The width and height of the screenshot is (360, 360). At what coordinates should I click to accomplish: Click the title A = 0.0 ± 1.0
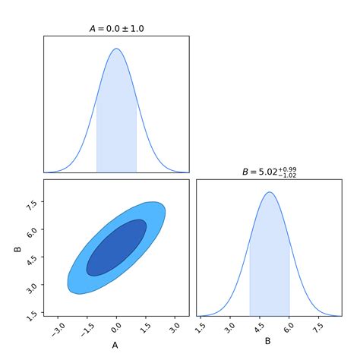pos(116,29)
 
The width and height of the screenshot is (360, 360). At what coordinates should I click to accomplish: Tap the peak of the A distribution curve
pos(116,49)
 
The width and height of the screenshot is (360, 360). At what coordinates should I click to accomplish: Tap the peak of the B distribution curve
pos(268,192)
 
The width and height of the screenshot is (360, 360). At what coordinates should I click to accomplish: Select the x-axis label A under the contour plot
pos(115,346)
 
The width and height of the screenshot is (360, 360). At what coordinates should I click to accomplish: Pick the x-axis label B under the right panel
pos(267,341)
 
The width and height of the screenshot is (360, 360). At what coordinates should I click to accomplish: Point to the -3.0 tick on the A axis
pos(56,328)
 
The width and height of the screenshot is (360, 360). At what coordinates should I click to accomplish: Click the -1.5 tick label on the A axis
pos(85,328)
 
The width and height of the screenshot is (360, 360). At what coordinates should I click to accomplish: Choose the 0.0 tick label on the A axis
pos(115,328)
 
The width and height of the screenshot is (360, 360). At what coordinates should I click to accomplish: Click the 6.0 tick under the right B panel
pos(288,328)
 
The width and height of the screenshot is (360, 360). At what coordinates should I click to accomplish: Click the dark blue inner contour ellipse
pos(116,248)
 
